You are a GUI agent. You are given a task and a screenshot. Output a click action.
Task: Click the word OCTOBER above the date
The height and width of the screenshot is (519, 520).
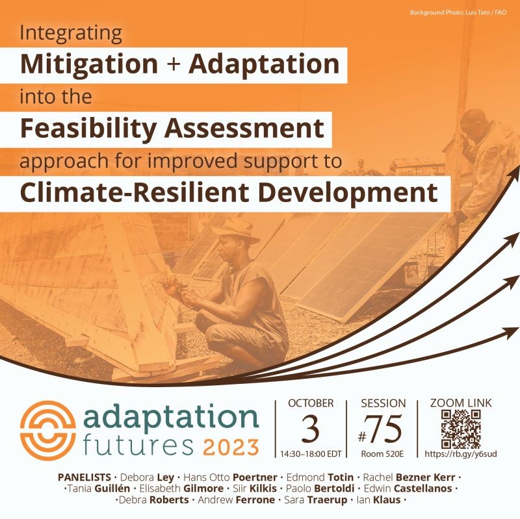click(x=310, y=403)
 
